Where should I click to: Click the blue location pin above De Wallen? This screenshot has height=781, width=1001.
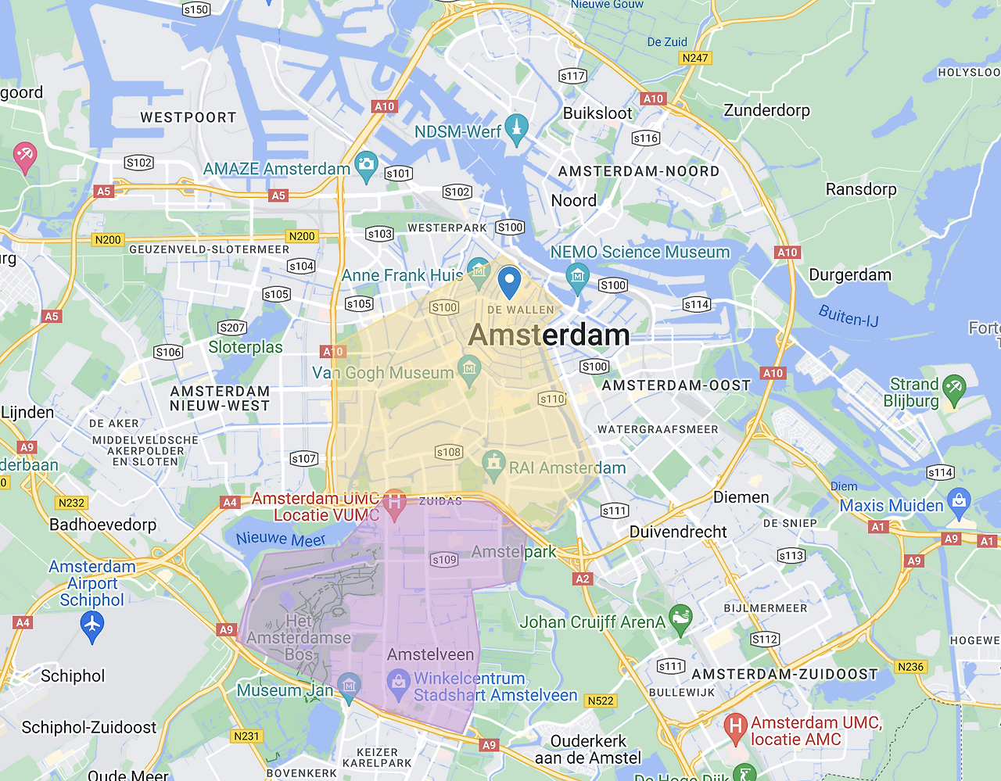[x=509, y=281]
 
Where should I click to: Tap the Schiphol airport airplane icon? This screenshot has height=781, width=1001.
[x=92, y=625]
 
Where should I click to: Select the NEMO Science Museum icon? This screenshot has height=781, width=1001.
[x=577, y=276]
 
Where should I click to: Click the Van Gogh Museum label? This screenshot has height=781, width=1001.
[x=382, y=373]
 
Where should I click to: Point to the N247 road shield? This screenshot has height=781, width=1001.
[x=695, y=58]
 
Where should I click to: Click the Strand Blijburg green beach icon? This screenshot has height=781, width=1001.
[x=954, y=388]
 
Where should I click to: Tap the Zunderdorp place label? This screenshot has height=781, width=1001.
[x=766, y=110]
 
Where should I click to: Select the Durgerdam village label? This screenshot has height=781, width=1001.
[x=849, y=275]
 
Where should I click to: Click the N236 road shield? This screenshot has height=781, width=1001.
[x=911, y=667]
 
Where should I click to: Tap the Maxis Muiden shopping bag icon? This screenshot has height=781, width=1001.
[x=959, y=500]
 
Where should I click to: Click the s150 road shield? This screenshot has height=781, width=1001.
[x=196, y=9]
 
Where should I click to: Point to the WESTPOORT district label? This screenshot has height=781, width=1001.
[x=188, y=117]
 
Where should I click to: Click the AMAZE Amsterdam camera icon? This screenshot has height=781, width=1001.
[x=366, y=165]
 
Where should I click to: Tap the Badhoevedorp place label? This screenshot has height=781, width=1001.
[x=102, y=525]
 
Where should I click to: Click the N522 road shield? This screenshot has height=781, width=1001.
[x=600, y=700]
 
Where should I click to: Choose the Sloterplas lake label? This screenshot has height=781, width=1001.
[x=246, y=347]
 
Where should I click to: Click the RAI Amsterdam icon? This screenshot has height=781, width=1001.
[x=493, y=464]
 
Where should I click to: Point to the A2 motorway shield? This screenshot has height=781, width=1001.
[x=583, y=579]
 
